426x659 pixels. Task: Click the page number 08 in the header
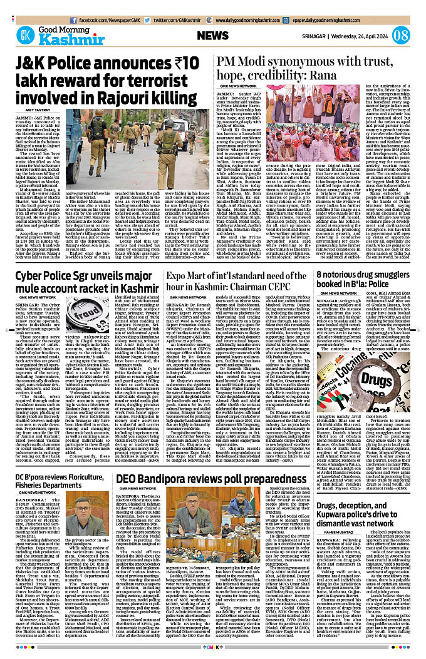(402, 34)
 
